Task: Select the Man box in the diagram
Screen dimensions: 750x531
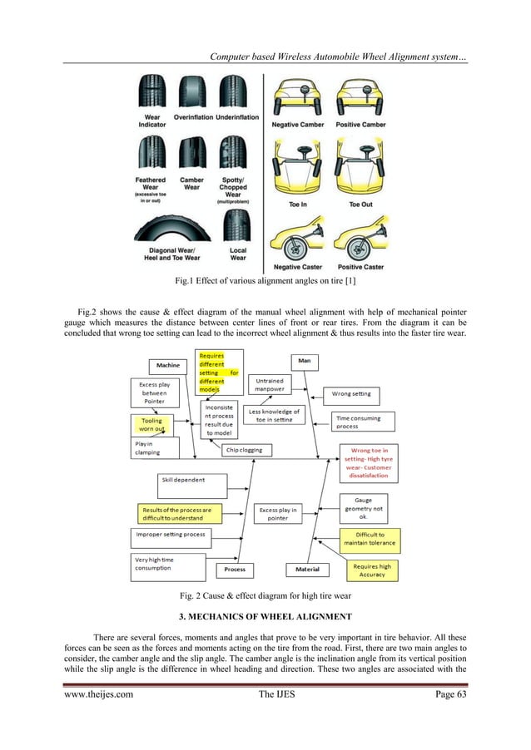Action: (x=305, y=361)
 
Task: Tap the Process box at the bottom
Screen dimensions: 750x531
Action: (x=234, y=569)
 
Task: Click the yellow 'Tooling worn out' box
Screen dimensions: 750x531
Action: (x=152, y=425)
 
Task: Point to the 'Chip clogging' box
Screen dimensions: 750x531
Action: (x=244, y=450)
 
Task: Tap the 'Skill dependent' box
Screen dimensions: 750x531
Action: (x=191, y=481)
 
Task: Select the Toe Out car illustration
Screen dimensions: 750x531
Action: (x=360, y=171)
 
